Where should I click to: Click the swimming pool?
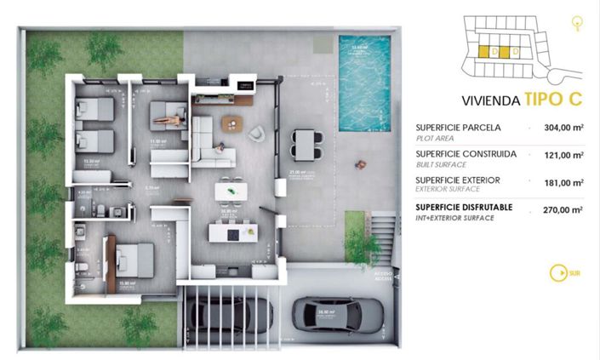coord(365,83)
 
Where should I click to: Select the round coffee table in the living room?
coord(231,124)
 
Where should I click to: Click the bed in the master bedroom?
coord(132,260)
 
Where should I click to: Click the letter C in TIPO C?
coord(575,99)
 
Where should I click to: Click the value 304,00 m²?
coord(563,128)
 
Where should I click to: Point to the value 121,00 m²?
coord(563,155)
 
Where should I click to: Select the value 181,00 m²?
coord(563,181)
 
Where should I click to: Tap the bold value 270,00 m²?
coord(563,209)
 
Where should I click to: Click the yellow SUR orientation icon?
coord(559,272)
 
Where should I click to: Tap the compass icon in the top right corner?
coord(579,24)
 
